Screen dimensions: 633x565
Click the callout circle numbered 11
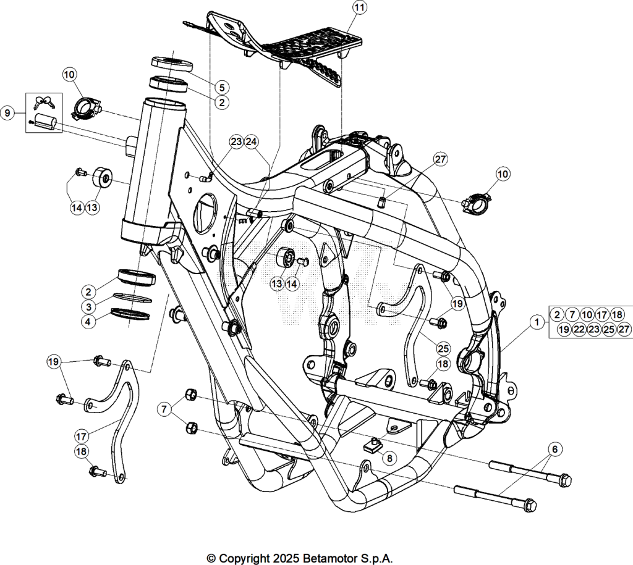tap(359, 7)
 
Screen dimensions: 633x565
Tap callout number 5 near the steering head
tap(222, 87)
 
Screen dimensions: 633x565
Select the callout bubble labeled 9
tap(7, 113)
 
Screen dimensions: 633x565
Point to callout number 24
tap(251, 141)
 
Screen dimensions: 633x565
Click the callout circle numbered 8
tap(389, 458)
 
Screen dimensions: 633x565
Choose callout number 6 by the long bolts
tap(554, 449)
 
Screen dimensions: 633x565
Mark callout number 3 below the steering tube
tap(89, 306)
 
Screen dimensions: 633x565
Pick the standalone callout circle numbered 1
tap(537, 322)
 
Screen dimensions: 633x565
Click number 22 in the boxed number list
tap(579, 330)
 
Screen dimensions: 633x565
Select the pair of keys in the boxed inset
tap(44, 103)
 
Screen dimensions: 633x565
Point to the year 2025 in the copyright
tap(286, 559)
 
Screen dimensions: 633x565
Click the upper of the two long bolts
tap(530, 473)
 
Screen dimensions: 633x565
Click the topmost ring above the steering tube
tap(172, 64)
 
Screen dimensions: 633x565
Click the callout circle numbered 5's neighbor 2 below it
tap(222, 103)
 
